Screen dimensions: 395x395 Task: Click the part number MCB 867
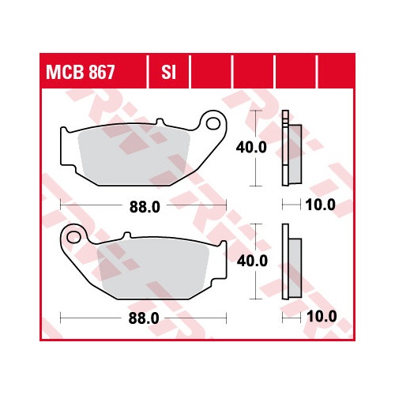81,72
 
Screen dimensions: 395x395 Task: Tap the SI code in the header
168,72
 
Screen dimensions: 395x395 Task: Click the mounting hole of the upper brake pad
213,123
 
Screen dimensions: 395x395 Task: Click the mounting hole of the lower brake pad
74,237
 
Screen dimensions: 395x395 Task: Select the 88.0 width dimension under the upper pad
145,207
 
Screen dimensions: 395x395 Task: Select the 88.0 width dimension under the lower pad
144,318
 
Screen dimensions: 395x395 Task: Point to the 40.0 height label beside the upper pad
251,147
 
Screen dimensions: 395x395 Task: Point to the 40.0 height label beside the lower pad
252,261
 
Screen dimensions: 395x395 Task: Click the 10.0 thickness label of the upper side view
321,205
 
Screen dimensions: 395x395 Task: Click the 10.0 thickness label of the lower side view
322,316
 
